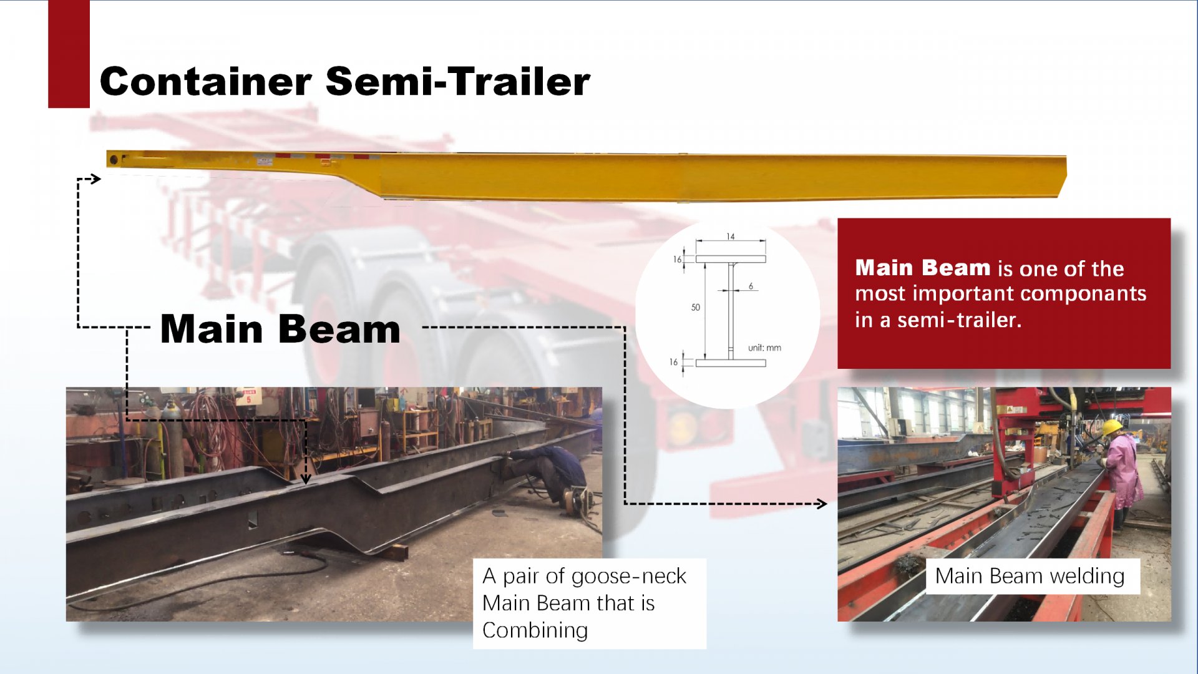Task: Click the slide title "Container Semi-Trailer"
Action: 344,82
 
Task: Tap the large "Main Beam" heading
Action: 280,329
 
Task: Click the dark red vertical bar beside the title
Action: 69,54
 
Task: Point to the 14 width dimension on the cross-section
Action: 731,237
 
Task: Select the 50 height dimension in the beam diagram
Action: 696,307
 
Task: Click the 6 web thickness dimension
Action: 751,286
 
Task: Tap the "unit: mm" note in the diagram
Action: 764,348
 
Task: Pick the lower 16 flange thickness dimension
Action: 673,362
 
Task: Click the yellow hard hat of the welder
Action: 1111,427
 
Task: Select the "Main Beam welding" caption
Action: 1030,575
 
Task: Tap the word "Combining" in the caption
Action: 535,630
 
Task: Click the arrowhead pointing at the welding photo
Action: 822,504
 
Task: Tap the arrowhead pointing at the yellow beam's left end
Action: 95,179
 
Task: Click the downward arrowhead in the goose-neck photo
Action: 306,479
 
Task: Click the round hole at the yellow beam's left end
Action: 114,160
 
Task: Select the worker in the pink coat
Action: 1121,474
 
